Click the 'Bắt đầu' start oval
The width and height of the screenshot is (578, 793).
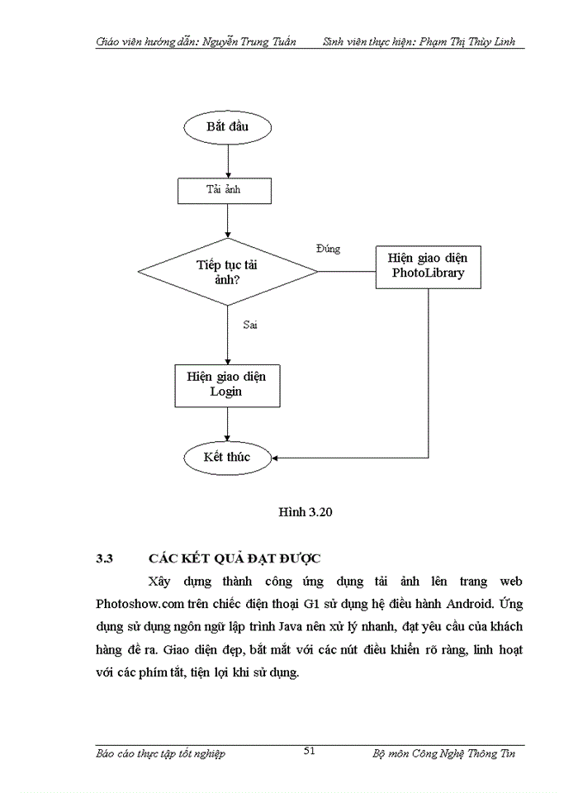click(227, 127)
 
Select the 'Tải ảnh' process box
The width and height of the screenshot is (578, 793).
click(227, 190)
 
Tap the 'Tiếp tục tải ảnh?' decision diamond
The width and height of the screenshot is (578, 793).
click(227, 271)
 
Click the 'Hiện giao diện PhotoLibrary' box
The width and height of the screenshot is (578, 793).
click(428, 266)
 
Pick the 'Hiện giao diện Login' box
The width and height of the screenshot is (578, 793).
click(226, 384)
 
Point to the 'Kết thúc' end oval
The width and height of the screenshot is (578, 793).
click(227, 456)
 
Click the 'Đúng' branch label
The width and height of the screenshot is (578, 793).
click(328, 249)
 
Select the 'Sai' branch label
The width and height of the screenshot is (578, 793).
click(250, 325)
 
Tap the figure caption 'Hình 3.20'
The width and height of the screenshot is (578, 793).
click(304, 512)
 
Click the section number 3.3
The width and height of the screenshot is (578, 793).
click(104, 558)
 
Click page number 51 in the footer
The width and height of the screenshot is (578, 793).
click(310, 751)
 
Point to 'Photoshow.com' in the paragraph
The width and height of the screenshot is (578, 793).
click(136, 604)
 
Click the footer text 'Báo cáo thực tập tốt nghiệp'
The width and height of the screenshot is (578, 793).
click(160, 753)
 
